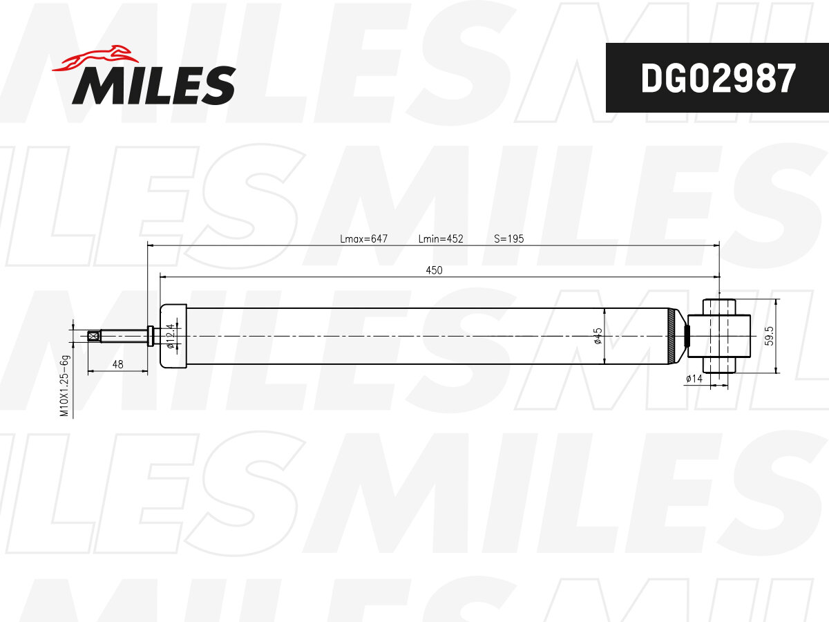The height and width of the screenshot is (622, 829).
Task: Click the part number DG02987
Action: point(718,78)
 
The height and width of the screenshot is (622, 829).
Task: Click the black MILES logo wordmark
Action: point(154,85)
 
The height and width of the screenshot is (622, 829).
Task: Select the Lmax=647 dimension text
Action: point(363,238)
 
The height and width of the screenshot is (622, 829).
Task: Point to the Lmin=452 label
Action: point(441,238)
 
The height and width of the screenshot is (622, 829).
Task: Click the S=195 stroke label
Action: point(508,238)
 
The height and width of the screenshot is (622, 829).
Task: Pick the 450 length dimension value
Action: point(434,270)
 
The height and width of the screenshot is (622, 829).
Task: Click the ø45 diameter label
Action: point(598,336)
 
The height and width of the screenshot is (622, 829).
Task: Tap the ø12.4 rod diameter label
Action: point(171,336)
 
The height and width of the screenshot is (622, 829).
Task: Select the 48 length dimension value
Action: point(118,364)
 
